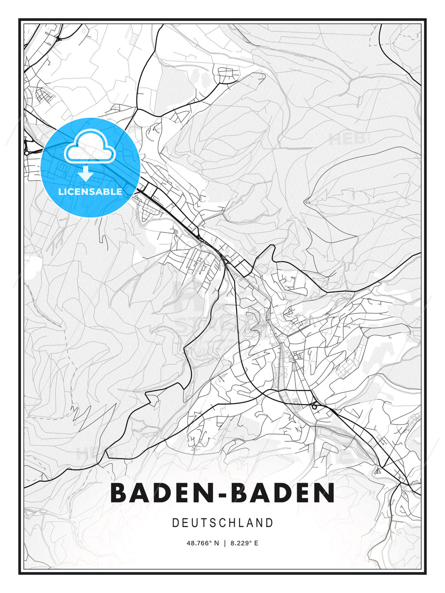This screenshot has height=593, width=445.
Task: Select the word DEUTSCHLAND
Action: point(222,523)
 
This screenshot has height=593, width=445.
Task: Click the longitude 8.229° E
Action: point(244,543)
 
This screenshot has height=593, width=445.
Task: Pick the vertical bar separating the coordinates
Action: point(225,543)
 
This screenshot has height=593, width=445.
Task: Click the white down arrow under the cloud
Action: point(85,173)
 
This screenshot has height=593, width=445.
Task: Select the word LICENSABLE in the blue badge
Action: point(90,191)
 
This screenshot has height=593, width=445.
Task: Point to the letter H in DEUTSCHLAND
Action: point(232,523)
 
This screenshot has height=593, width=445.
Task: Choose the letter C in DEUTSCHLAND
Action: point(222,523)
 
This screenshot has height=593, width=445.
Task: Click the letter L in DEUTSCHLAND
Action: point(241,523)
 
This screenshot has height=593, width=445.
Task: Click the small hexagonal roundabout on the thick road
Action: point(315,406)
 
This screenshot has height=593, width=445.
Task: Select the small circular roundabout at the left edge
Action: point(27,153)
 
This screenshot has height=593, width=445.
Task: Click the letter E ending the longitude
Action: point(256,543)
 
